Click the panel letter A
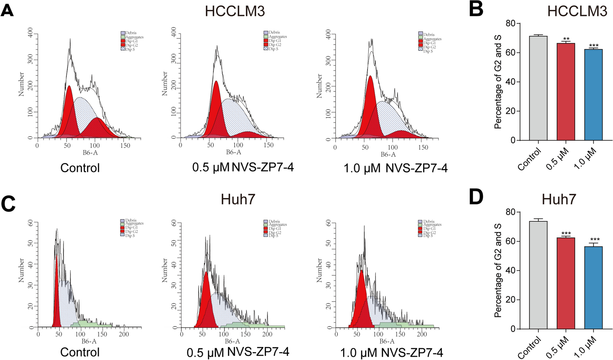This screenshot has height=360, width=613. click(7, 10)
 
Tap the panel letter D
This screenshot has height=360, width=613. click(476, 197)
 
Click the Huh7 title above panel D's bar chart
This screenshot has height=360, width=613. click(559, 199)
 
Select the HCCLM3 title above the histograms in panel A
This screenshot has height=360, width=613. click(235, 11)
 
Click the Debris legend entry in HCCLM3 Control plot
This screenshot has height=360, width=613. click(131, 33)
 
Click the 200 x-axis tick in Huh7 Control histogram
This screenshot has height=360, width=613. click(124, 334)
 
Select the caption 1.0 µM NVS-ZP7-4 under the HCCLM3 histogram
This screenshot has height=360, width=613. click(395, 168)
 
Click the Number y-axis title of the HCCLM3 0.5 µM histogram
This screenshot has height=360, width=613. click(165, 83)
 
